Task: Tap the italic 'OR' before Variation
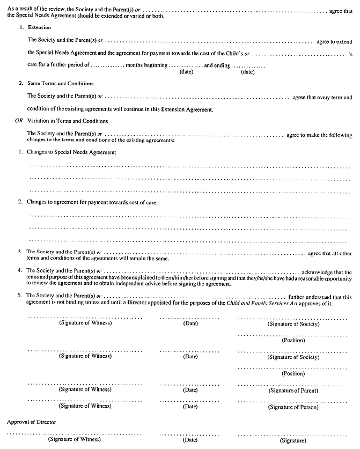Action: (x=19, y=121)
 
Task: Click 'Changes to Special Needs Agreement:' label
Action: (x=71, y=153)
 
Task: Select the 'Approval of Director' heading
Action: (x=32, y=423)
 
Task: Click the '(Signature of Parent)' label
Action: (x=293, y=390)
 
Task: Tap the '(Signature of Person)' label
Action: (x=293, y=407)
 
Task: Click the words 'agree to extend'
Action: (x=334, y=41)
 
